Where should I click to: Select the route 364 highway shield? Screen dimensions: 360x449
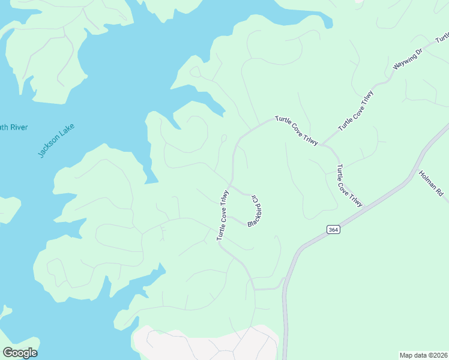333,230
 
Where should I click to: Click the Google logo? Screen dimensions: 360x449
20,353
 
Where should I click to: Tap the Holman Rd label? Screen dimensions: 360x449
431,184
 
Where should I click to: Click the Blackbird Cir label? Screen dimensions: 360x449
254,210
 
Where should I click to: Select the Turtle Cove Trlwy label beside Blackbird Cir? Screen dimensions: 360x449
223,215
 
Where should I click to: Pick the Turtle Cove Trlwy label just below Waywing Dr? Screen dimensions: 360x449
356,111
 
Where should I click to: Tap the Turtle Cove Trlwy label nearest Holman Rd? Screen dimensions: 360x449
349,185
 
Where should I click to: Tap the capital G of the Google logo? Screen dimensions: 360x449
8,352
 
